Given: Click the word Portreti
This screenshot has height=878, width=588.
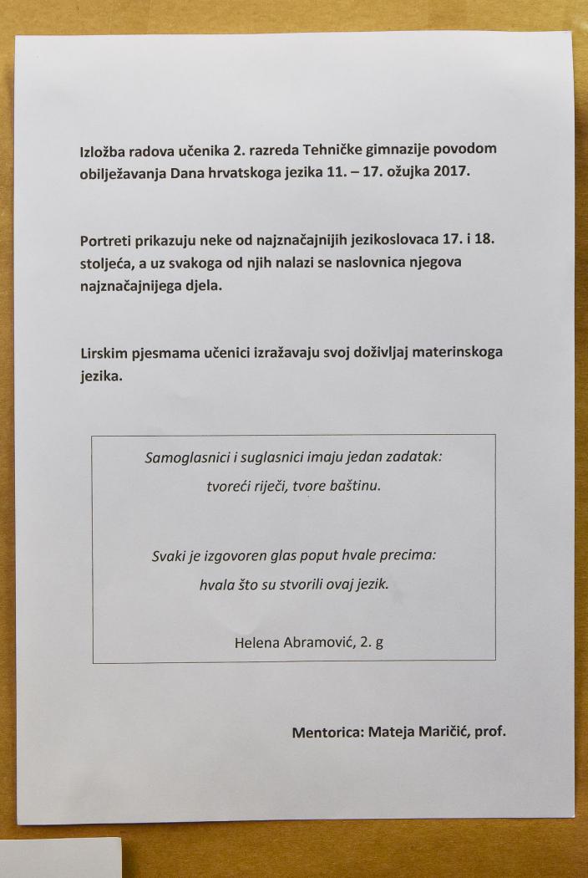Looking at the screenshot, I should (104, 241).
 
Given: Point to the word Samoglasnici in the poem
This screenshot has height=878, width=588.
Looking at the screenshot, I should (185, 458).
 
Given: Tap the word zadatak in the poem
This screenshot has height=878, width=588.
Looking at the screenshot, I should (413, 458).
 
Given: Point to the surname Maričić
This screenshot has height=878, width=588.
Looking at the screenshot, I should (439, 733).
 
